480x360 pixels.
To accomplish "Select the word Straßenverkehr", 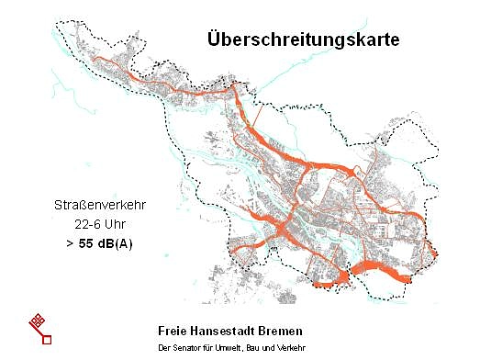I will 92,205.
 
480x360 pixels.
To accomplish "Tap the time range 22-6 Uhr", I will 92,224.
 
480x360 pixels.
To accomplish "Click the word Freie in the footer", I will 174,330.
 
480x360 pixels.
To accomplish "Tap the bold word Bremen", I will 280,330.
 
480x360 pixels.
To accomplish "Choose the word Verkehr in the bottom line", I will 290,348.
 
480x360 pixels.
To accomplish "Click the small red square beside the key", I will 47,339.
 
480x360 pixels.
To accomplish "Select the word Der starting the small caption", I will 164,348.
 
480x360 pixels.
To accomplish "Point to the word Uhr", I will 110,224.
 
